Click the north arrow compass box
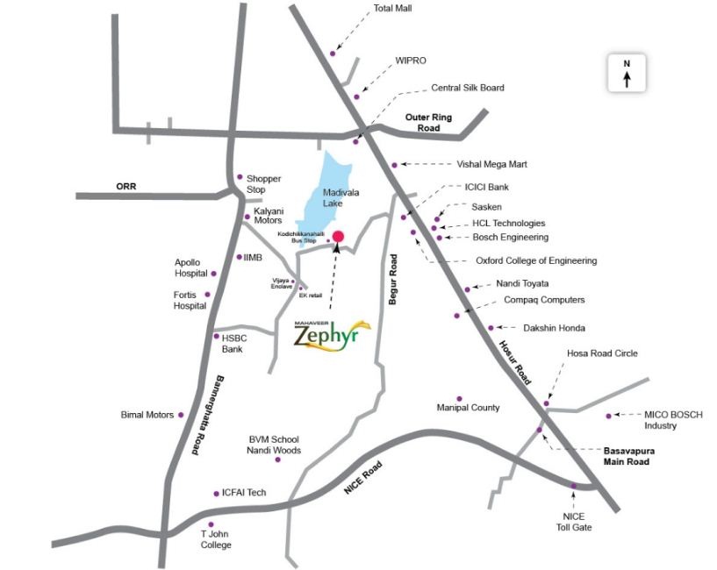627,72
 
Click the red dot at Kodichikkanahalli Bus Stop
338,236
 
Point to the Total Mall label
392,8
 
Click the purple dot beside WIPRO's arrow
356,96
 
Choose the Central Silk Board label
468,88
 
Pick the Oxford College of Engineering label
535,260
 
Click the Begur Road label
393,279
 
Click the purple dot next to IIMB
239,257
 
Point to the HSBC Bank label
233,343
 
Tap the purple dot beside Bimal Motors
182,415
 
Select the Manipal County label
468,408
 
